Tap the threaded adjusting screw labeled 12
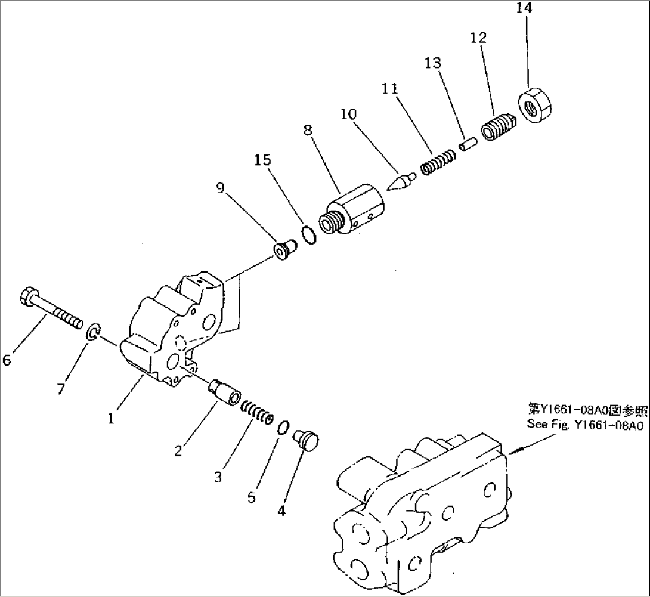(x=494, y=128)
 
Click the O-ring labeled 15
(x=307, y=235)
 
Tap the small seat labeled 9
(x=283, y=250)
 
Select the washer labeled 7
(x=92, y=333)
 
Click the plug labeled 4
(x=307, y=442)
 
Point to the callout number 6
(x=7, y=360)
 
